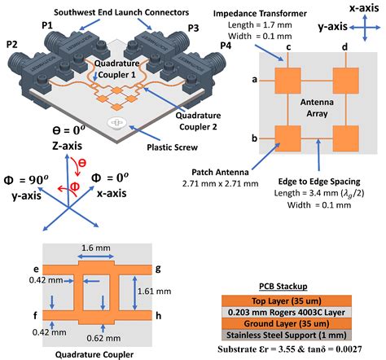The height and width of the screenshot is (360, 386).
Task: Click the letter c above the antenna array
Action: click(x=287, y=48)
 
